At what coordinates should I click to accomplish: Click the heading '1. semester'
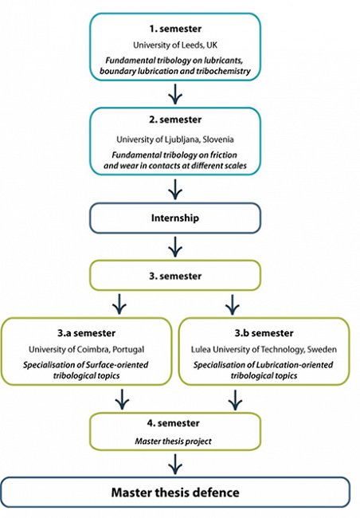point(175,29)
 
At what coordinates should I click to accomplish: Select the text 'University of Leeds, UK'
point(175,45)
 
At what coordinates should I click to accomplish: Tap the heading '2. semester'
point(175,120)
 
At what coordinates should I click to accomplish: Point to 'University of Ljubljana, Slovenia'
point(175,139)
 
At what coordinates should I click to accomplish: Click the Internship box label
point(175,218)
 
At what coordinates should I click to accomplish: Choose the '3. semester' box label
point(175,276)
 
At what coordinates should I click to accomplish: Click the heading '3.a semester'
point(87,333)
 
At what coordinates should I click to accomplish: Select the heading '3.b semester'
point(264,333)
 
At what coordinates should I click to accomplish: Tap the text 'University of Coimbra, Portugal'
point(87,350)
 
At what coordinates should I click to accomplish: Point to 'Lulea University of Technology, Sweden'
point(264,350)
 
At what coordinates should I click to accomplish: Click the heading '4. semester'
point(174,423)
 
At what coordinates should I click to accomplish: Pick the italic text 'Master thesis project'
point(174,441)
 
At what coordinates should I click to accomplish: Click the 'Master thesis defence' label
point(175,492)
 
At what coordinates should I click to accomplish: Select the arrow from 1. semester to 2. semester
point(175,94)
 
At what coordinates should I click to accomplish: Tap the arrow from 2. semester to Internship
point(175,190)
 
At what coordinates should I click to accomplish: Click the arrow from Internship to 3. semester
point(175,247)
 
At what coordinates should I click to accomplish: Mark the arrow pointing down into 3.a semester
point(119,304)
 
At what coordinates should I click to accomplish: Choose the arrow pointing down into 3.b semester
point(233,304)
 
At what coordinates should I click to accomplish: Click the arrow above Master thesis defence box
point(175,464)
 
